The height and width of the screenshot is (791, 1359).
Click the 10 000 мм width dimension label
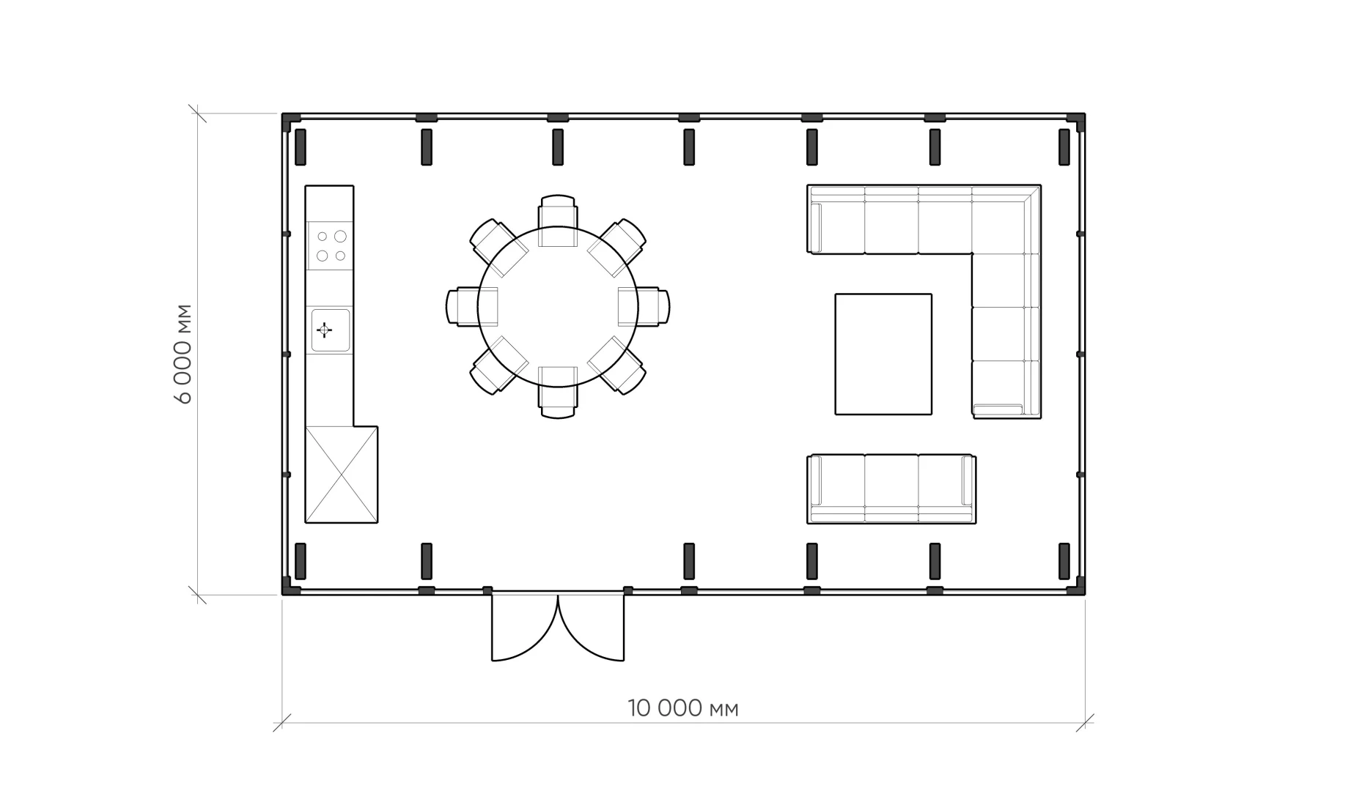point(682,708)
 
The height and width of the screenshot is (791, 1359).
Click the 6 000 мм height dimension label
point(183,353)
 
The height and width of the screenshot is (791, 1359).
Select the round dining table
point(558,307)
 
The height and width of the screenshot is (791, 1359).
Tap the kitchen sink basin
point(331,330)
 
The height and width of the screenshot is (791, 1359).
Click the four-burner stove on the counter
point(331,246)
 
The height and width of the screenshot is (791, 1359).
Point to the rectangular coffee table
point(883,354)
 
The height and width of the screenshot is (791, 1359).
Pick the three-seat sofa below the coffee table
point(891,489)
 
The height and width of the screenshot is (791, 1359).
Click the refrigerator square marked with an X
point(342,475)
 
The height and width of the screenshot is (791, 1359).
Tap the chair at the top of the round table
point(558,212)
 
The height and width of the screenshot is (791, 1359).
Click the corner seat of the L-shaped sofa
point(1006,219)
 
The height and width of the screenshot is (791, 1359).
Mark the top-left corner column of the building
point(291,122)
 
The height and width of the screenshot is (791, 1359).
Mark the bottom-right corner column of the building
point(1076,586)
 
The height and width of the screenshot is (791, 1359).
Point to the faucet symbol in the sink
point(324,330)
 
